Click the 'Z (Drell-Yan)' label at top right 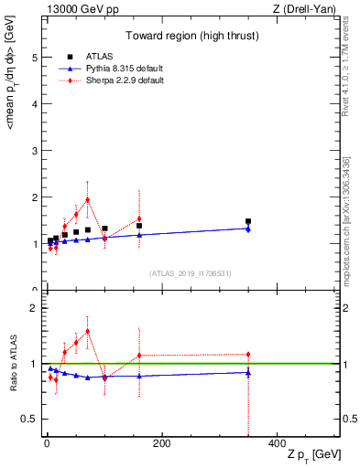(x=308, y=9)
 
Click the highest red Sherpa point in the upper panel (x=87, y=199)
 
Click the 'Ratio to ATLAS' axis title (x=12, y=363)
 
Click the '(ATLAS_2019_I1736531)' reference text (x=191, y=272)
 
